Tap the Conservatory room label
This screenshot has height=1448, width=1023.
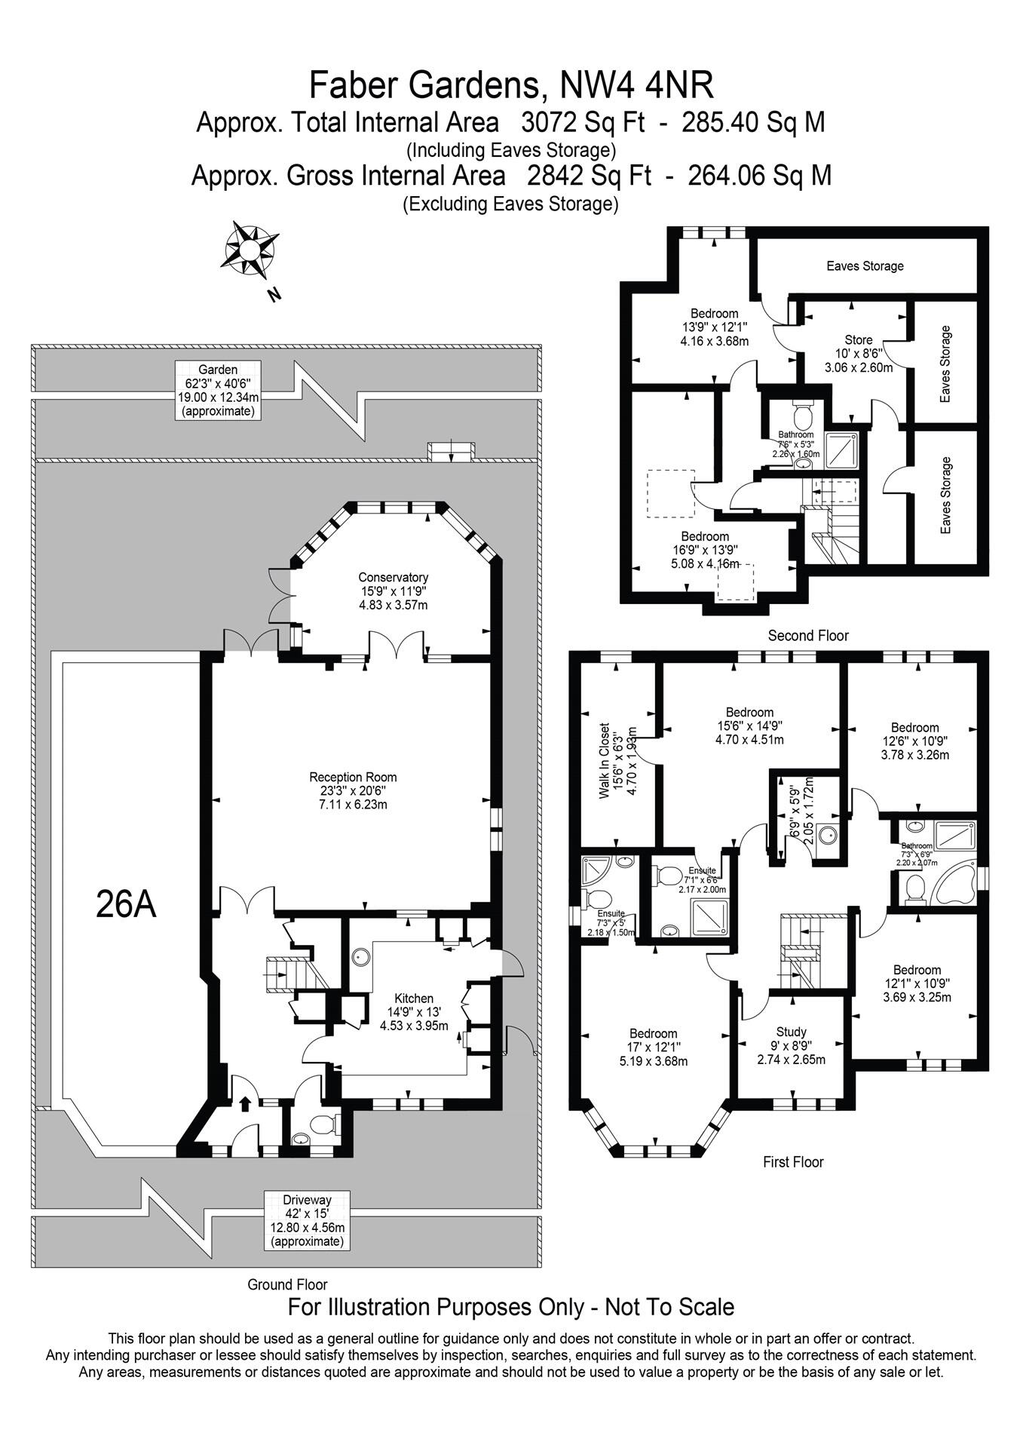point(393,591)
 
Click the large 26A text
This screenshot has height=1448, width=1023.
point(126,903)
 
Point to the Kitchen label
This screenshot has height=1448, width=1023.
point(414,1011)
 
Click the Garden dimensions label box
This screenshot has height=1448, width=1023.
point(218,390)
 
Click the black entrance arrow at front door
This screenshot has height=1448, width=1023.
point(243,1104)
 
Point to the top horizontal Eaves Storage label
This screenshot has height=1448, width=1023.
point(865,265)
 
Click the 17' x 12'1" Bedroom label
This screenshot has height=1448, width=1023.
point(653,1047)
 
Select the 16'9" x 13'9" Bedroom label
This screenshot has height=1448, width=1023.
point(705,550)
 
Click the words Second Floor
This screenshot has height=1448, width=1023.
point(808,636)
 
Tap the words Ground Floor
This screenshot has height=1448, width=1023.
point(287,1284)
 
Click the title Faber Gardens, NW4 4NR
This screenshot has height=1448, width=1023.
point(511,85)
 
